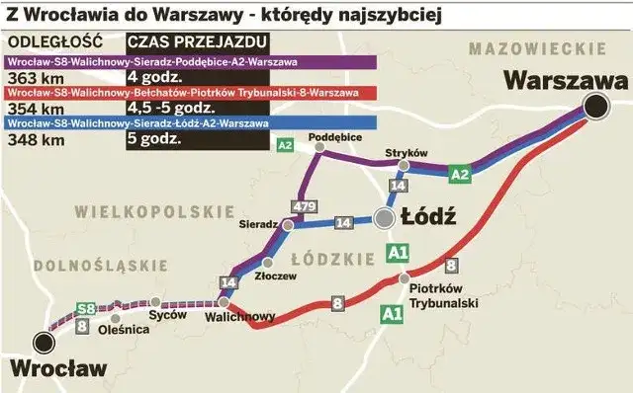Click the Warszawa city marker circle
(595, 108)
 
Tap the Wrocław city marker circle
(43, 342)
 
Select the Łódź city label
(427, 217)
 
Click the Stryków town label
(405, 153)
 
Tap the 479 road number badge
(303, 204)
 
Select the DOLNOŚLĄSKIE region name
(87, 265)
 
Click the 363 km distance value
(30, 78)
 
